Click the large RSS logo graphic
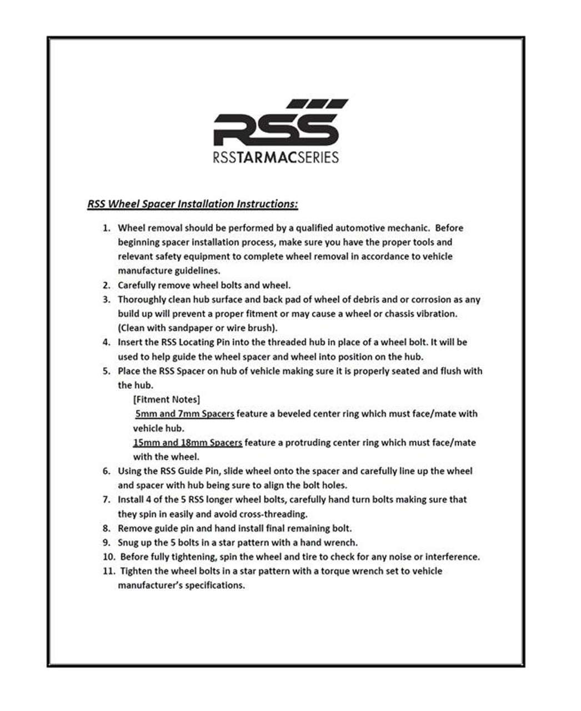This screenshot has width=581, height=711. point(276,124)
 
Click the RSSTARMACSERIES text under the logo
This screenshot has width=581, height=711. point(276,157)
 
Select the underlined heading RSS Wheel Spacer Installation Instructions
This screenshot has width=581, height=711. point(192,204)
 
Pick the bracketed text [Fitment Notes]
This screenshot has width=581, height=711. point(167,399)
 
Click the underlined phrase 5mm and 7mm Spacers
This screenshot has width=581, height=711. point(184,414)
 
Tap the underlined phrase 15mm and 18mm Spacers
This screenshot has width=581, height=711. point(187,443)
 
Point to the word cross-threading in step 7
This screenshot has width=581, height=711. point(273,514)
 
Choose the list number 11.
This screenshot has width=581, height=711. point(108,571)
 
